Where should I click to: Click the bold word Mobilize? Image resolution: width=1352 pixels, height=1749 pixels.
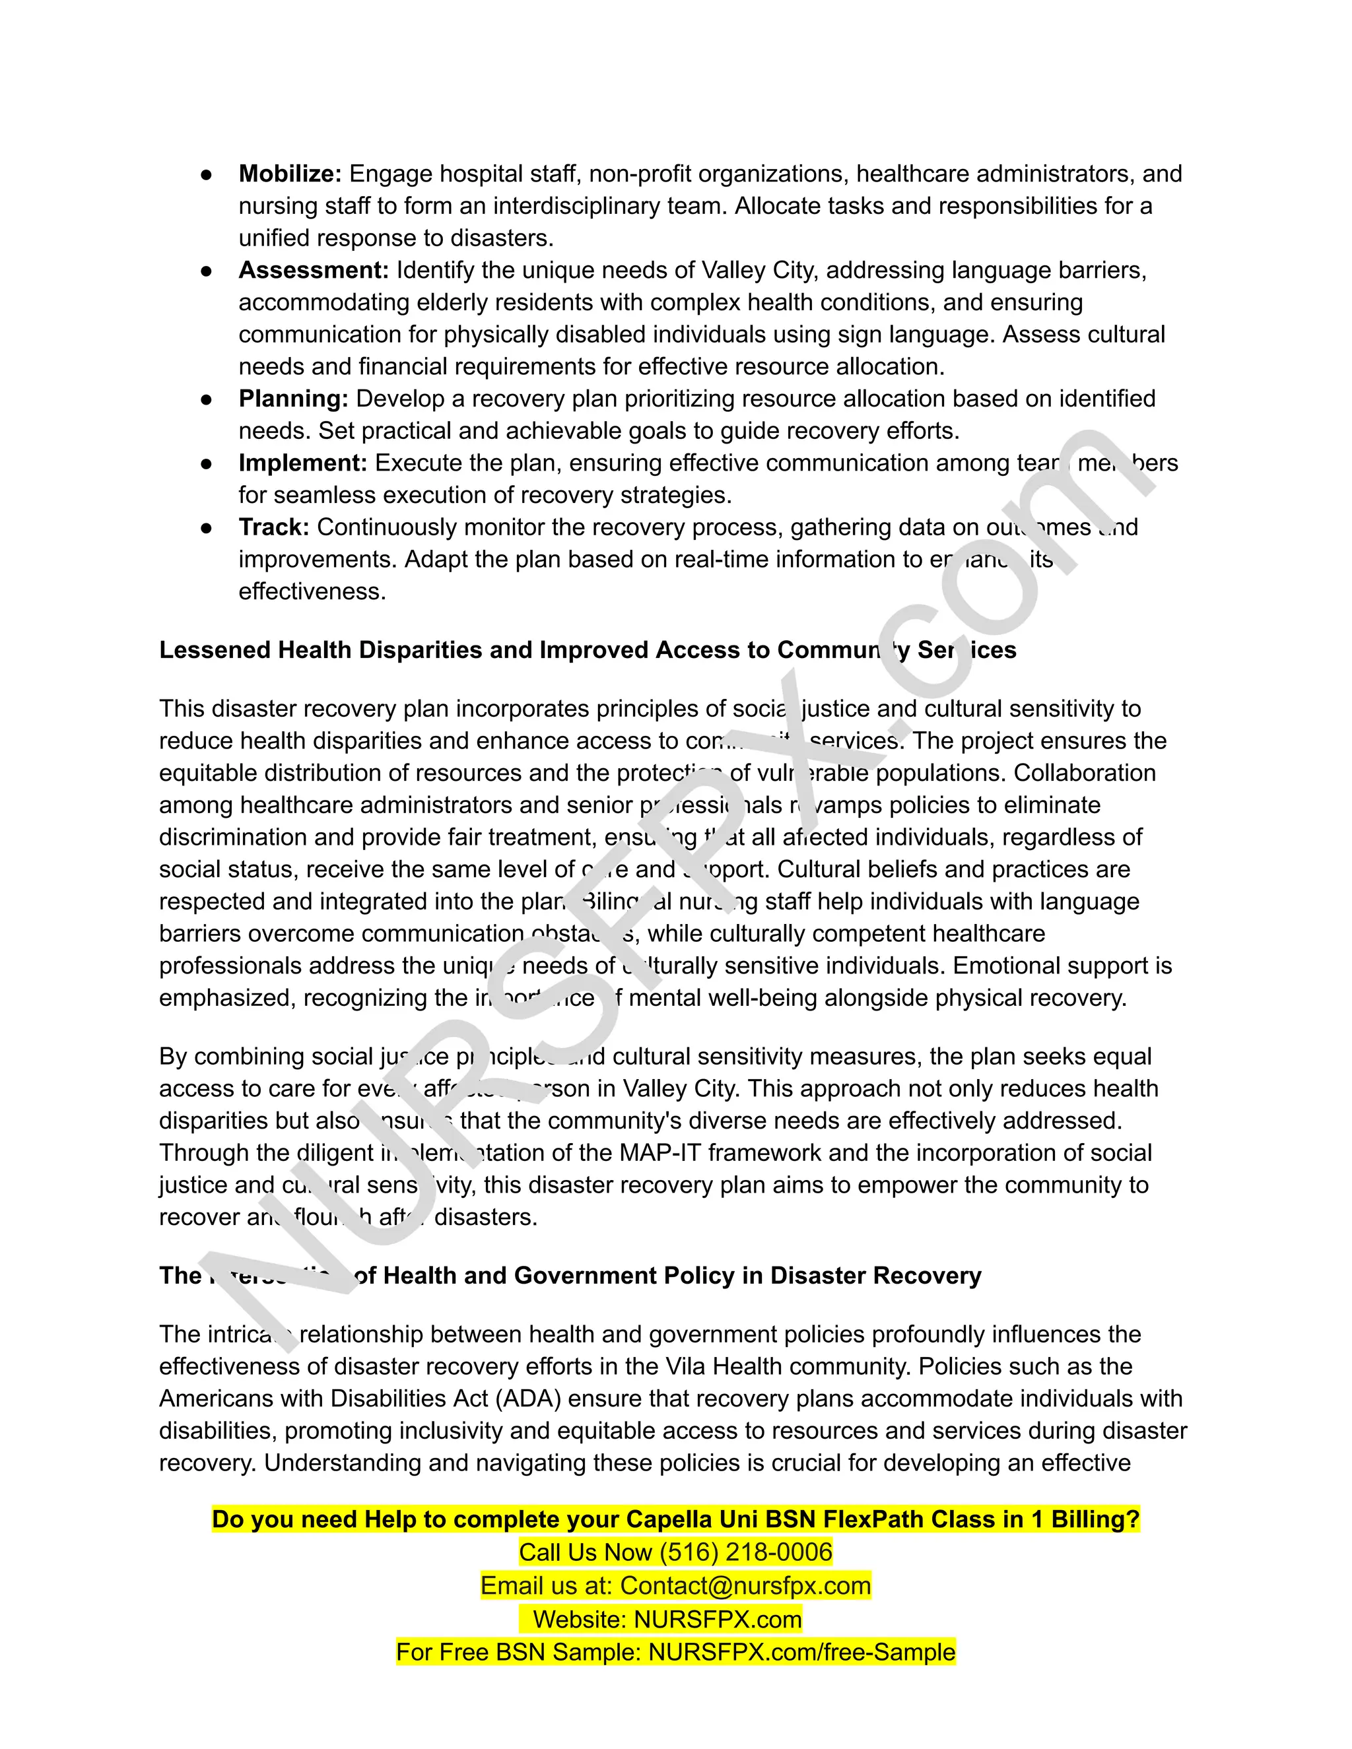[290, 174]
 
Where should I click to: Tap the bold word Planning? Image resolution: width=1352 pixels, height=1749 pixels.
[293, 398]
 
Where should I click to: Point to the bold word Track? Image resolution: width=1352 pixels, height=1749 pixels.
[273, 527]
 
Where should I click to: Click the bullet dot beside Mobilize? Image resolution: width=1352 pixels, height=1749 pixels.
[206, 175]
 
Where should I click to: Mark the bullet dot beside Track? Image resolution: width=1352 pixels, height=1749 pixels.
[206, 528]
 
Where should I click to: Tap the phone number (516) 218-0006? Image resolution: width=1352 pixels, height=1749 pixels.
[746, 1552]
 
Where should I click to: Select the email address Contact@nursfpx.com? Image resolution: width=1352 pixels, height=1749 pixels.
[745, 1585]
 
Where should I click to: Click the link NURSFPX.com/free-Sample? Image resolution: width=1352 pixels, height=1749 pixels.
[801, 1652]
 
